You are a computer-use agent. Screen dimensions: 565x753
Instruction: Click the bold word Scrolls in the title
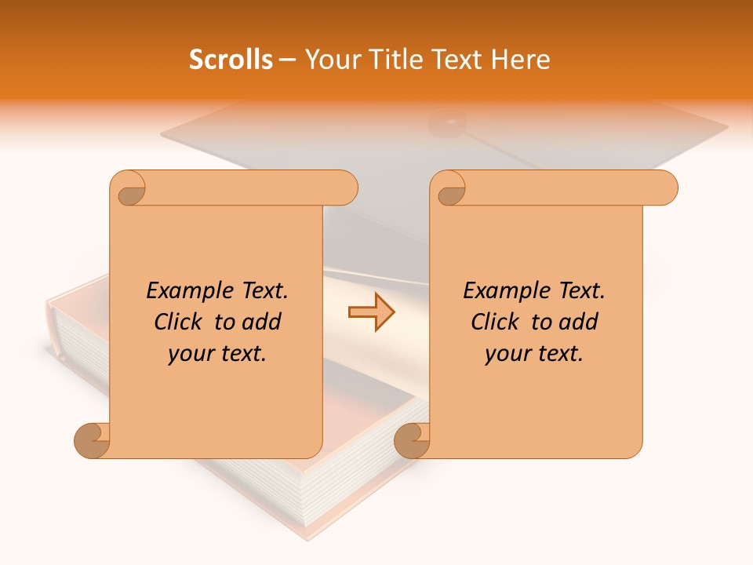pyautogui.click(x=231, y=60)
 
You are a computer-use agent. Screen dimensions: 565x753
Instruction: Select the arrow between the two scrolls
pyautogui.click(x=371, y=312)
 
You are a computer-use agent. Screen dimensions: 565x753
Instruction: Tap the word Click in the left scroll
pyautogui.click(x=179, y=322)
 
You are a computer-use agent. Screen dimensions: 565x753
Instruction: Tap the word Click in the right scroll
pyautogui.click(x=495, y=322)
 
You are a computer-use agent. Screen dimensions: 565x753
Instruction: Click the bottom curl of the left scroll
pyautogui.click(x=93, y=440)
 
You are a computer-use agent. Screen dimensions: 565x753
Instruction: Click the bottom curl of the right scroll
pyautogui.click(x=413, y=440)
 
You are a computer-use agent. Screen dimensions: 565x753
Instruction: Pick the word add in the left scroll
pyautogui.click(x=263, y=322)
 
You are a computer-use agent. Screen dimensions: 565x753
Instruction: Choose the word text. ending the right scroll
pyautogui.click(x=559, y=354)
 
